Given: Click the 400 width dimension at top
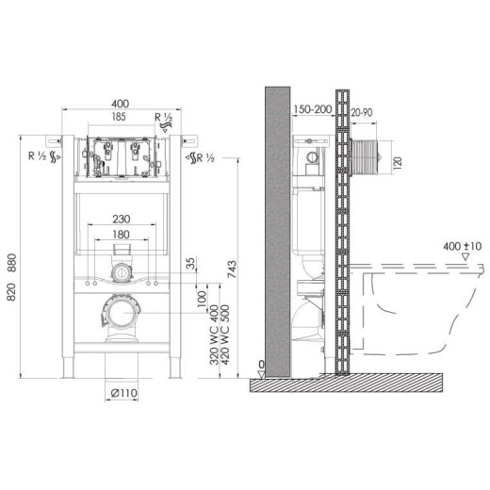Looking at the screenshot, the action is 121,104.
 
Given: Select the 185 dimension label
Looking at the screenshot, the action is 119,117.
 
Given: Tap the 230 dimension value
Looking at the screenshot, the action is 122,219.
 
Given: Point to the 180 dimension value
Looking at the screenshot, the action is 121,235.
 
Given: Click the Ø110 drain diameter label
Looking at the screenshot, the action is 124,393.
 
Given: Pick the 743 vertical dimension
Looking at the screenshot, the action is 232,269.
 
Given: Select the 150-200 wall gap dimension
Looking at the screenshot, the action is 313,109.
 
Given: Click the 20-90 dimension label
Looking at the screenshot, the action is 362,112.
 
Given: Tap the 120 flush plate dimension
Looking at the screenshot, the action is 398,162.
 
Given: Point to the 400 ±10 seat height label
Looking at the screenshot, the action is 462,246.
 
